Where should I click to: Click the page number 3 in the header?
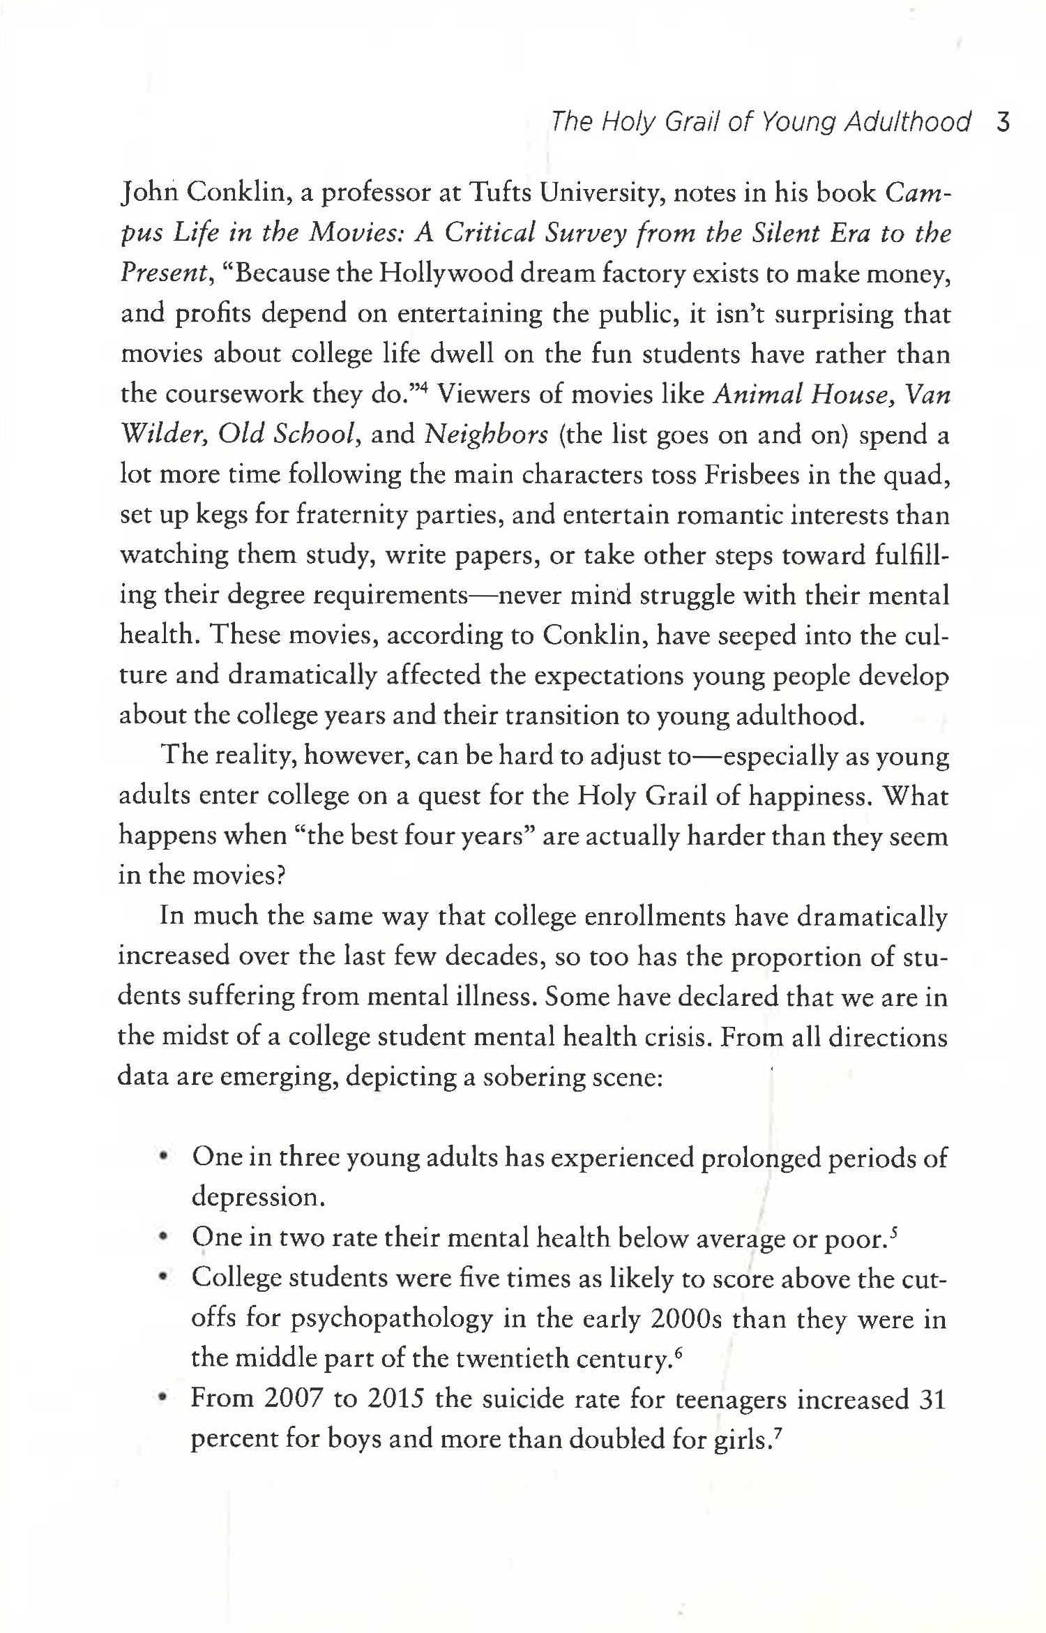1003,123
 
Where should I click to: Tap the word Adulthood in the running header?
907,123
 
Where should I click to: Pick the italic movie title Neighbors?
486,435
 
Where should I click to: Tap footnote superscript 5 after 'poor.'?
894,1231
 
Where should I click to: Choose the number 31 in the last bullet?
932,1399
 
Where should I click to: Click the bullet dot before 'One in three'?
163,1157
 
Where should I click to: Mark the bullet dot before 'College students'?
163,1278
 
